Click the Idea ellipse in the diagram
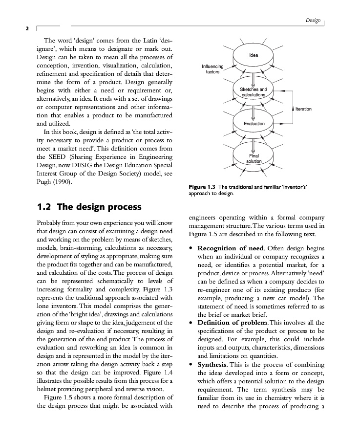click(x=254, y=56)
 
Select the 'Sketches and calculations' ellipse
click(x=254, y=91)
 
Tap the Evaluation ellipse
click(x=254, y=124)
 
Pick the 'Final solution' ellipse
click(x=254, y=158)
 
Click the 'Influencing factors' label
click(x=212, y=69)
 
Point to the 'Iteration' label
click(x=303, y=109)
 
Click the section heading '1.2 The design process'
click(x=89, y=207)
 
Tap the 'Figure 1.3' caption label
click(x=202, y=187)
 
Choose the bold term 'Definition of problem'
click(x=232, y=323)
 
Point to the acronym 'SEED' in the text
click(x=48, y=157)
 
